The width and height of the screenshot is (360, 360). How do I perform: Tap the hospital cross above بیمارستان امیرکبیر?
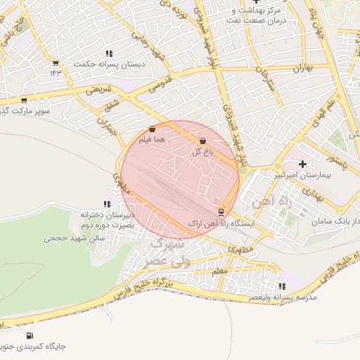302,165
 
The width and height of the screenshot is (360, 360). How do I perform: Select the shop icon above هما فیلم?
153,129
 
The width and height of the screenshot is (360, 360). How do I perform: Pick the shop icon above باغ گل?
202,141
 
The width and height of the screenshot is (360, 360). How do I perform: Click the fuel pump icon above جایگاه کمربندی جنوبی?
30,335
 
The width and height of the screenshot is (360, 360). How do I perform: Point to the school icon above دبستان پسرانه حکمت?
109,53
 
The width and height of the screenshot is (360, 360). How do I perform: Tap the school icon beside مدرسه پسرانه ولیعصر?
282,286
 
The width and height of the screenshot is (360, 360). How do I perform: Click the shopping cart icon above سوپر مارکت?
25,101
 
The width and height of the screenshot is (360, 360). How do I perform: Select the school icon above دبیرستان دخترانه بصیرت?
108,204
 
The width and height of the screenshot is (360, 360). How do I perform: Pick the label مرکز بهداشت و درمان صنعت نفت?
255,15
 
